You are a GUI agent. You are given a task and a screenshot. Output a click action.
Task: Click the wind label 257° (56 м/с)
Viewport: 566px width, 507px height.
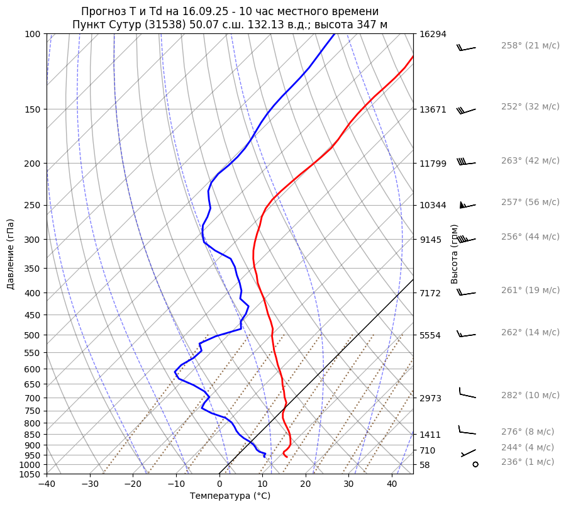click(x=530, y=203)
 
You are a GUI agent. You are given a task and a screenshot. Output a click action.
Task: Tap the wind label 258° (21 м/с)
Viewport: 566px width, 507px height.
click(x=530, y=46)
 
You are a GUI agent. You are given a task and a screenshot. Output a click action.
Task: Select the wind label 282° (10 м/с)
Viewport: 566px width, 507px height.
click(x=530, y=395)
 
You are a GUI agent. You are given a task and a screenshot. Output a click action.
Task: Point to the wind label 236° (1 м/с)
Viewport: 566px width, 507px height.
click(x=528, y=462)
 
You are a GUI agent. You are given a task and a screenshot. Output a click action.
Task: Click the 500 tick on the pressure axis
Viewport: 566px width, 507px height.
click(x=33, y=335)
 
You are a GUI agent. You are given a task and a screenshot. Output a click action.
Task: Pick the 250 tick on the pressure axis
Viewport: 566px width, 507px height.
click(x=33, y=205)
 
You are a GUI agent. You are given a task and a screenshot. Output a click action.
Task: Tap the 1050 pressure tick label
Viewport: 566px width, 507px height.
click(x=30, y=474)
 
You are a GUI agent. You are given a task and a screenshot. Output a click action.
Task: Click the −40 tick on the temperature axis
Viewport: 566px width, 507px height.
click(x=47, y=484)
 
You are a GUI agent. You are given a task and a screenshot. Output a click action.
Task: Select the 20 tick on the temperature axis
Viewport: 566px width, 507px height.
click(x=306, y=484)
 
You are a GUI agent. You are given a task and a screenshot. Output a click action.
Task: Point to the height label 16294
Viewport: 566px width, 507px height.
click(x=433, y=34)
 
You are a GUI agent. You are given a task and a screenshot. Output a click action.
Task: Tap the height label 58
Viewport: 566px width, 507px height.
click(x=425, y=465)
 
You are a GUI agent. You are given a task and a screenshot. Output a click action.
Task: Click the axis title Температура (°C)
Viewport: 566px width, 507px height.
click(x=230, y=496)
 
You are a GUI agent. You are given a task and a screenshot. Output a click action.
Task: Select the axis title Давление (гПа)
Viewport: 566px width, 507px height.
click(x=11, y=254)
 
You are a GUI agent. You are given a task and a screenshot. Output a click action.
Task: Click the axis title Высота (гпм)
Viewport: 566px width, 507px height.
click(x=455, y=254)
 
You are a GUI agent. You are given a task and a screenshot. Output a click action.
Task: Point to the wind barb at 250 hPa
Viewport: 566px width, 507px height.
click(x=467, y=205)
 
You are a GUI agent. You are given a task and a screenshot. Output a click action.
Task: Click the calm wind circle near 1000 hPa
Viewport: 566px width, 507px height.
click(x=475, y=464)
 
